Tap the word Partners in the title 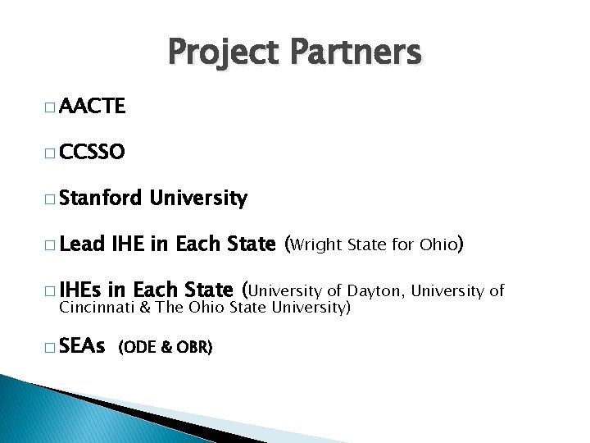(x=354, y=53)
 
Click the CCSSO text (x=93, y=153)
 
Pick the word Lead (x=81, y=244)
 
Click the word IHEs (x=80, y=290)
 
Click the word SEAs (x=82, y=347)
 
